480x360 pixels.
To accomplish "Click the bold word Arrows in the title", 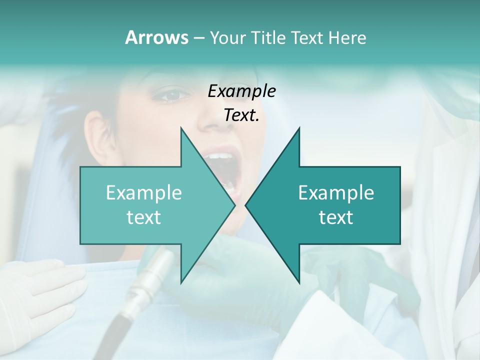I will point(156,37).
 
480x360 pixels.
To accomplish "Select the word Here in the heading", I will point(347,37).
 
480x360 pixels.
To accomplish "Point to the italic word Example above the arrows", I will point(241,91).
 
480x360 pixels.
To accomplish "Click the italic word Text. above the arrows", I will point(241,115).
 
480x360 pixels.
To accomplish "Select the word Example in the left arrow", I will point(144,193).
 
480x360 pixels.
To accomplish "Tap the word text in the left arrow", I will point(144,217).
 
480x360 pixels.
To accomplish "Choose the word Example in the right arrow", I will point(336,193).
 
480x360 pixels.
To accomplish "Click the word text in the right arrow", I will point(336,217).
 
